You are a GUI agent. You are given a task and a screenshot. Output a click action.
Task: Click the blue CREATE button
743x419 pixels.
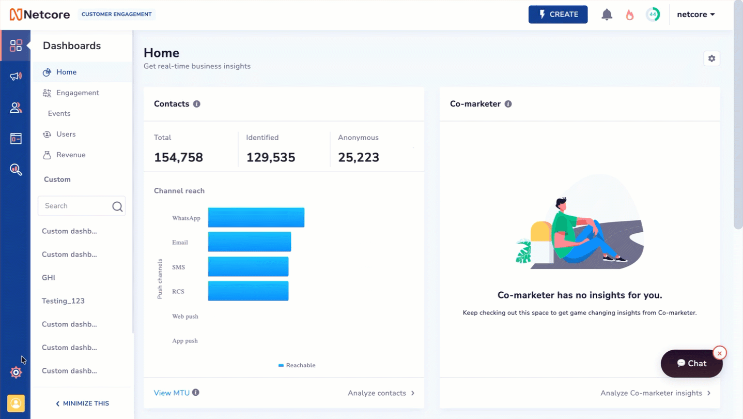pos(558,14)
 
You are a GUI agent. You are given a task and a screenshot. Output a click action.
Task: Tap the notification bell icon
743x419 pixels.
pos(607,14)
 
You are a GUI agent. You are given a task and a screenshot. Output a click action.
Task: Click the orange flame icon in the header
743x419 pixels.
pos(629,14)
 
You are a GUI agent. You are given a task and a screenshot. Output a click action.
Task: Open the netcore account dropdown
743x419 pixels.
pos(696,14)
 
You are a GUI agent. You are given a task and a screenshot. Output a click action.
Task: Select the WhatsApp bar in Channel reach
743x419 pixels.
pos(256,217)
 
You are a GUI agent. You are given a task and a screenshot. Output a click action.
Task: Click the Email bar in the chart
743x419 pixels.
pos(250,242)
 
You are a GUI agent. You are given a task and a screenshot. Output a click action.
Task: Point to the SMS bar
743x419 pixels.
pos(248,266)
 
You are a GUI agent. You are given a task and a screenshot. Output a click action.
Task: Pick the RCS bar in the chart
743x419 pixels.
pos(248,291)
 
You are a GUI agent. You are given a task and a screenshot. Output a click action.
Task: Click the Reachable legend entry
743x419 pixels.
pos(297,365)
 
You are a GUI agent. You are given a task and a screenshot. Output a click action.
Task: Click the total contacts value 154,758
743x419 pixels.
pos(178,157)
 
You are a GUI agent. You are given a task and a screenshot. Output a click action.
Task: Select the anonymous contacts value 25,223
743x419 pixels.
pos(359,157)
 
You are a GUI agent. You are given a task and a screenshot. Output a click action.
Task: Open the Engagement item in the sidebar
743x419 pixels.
pos(78,93)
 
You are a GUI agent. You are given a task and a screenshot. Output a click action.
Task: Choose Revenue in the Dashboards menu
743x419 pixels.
pos(71,155)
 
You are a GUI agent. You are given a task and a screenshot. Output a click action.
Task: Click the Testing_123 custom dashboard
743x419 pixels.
pos(63,301)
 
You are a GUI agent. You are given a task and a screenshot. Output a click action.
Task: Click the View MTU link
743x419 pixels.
pos(172,393)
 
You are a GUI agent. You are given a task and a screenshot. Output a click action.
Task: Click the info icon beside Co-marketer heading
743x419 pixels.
pos(508,104)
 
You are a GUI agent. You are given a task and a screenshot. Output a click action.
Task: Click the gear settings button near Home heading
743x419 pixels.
pos(712,58)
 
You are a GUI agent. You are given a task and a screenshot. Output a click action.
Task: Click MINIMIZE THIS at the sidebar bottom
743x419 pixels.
pos(82,403)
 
